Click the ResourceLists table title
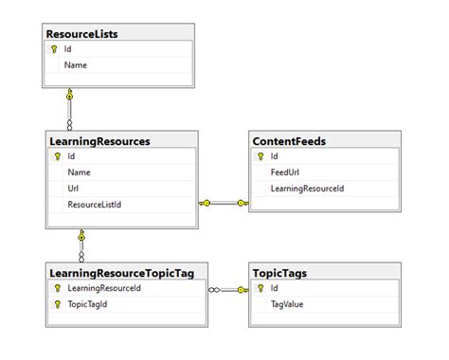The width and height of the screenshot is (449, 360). (81, 34)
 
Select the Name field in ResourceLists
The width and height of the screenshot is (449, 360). (76, 65)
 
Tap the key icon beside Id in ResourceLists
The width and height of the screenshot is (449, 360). (54, 49)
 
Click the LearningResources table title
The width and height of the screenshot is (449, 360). (99, 141)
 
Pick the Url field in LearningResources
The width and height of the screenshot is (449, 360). (73, 189)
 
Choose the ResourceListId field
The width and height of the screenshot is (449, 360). (95, 204)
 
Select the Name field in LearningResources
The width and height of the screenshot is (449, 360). (79, 172)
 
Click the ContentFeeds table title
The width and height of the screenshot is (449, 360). (289, 141)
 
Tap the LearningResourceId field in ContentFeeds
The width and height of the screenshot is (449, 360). (307, 189)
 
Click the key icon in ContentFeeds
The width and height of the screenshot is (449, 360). (260, 157)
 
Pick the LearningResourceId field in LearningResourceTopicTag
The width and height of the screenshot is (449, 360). (104, 288)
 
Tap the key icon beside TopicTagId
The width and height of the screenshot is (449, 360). (58, 304)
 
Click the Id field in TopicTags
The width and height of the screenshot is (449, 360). (275, 288)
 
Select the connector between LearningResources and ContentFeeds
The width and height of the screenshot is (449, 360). (224, 202)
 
